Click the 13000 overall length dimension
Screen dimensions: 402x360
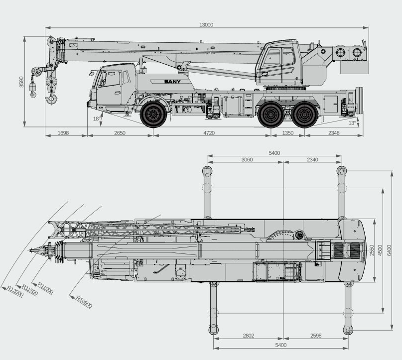click(x=206, y=25)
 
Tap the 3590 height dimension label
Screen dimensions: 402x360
click(x=21, y=82)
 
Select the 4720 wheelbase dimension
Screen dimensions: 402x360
click(x=209, y=133)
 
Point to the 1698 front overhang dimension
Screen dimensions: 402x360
click(x=63, y=133)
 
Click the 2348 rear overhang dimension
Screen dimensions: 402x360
click(x=334, y=133)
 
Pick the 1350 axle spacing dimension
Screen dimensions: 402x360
click(x=287, y=133)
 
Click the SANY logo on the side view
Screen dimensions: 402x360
click(x=172, y=82)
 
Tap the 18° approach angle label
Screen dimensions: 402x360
click(x=97, y=119)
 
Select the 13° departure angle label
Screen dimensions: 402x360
click(x=352, y=123)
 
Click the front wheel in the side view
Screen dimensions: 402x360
click(x=153, y=115)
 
